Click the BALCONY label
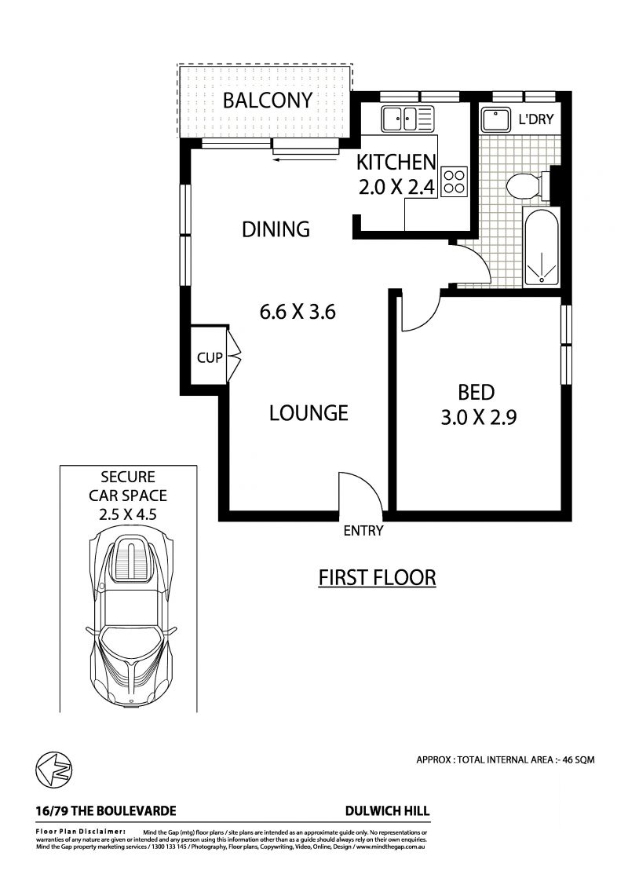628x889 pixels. [268, 101]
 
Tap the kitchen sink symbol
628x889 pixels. [407, 119]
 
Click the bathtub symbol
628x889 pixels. [541, 247]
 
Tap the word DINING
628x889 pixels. [276, 229]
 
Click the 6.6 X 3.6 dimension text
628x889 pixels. [298, 312]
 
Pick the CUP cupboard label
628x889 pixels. [209, 358]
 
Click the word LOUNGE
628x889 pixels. [309, 412]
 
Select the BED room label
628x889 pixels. [476, 393]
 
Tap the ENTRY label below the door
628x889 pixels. [363, 531]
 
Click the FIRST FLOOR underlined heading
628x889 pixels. [377, 578]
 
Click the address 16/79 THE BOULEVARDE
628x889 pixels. [106, 811]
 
